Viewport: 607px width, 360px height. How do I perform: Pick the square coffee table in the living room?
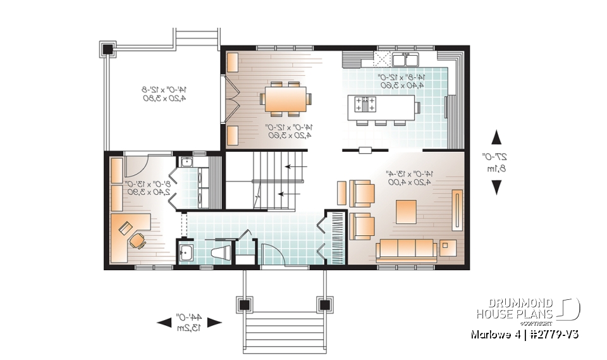(406, 210)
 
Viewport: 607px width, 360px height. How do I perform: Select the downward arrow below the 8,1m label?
(497, 187)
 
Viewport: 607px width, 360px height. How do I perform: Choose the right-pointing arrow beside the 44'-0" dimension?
(214, 323)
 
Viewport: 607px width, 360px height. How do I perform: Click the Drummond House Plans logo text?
(515, 308)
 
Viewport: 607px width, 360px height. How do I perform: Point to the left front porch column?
(243, 305)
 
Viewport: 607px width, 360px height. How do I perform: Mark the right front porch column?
(326, 305)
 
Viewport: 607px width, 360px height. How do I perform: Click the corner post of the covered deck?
(107, 48)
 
